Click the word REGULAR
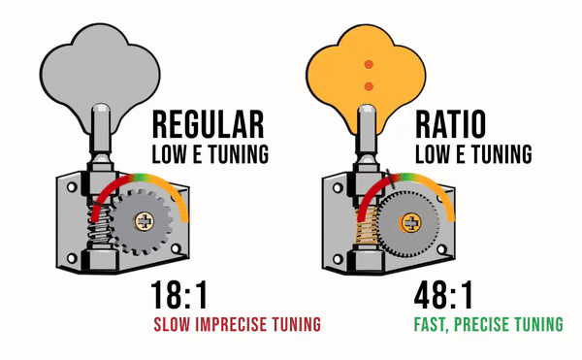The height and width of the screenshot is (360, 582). (209, 124)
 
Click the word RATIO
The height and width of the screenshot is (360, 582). (450, 124)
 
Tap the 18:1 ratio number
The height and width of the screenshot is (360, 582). (178, 295)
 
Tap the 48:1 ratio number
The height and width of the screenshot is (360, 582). (443, 295)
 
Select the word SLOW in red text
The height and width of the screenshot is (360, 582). (173, 324)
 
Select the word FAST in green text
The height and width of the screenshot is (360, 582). (432, 324)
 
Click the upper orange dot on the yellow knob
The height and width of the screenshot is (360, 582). (369, 65)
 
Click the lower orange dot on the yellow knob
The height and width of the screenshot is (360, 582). (369, 86)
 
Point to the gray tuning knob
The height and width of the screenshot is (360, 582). (100, 73)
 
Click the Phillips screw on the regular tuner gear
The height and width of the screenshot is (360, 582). (144, 221)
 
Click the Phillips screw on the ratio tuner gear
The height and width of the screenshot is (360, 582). (411, 223)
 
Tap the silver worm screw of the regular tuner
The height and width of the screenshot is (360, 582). (100, 227)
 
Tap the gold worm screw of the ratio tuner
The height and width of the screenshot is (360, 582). (367, 226)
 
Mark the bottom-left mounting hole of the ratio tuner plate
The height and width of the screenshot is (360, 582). (338, 259)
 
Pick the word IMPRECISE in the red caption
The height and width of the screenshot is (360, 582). (230, 324)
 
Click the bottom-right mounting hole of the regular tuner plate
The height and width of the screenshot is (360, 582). (176, 248)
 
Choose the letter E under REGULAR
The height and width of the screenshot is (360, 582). (198, 154)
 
